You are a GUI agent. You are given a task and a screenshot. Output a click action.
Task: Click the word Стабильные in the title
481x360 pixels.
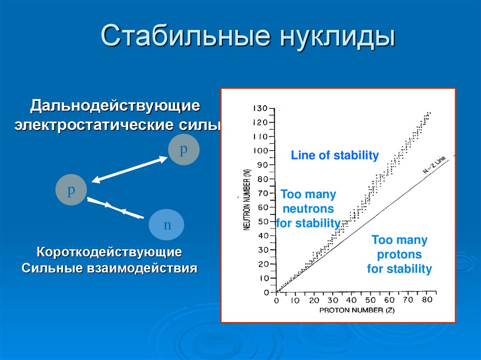coord(186,35)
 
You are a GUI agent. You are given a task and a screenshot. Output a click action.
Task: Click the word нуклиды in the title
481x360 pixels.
coord(337,38)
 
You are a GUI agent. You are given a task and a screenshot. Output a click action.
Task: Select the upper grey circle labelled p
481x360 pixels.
coord(184,150)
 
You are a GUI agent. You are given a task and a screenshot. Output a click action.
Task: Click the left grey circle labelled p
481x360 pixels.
coord(71,190)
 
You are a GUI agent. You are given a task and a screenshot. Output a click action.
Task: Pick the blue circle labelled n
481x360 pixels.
coord(167,224)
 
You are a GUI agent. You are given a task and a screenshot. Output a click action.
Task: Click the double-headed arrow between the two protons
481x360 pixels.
coord(130,169)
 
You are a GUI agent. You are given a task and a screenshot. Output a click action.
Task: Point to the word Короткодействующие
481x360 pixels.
coord(109,253)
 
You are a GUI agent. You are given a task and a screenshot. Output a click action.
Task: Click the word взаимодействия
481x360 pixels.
coord(142,268)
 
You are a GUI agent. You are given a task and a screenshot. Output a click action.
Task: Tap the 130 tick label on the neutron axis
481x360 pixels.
coord(260,108)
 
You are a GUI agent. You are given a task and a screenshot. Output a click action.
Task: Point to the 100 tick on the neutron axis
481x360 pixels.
coord(261,151)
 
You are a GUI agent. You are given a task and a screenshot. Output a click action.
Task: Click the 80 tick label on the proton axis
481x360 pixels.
coord(427,299)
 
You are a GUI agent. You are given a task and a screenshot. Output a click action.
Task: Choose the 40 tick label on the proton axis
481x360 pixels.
coord(351,300)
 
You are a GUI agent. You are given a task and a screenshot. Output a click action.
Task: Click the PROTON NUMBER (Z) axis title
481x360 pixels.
coord(357,310)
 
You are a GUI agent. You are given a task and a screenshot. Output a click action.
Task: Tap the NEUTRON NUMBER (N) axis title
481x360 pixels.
coord(247,200)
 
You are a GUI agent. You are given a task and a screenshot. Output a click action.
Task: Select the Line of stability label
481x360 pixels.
coord(334,155)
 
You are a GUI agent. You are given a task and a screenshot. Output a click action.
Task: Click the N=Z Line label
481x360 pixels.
coord(434,165)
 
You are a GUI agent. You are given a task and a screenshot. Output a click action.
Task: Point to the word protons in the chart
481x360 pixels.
coord(399,254)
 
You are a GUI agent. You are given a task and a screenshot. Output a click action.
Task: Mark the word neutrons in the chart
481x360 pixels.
coord(308,208)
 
